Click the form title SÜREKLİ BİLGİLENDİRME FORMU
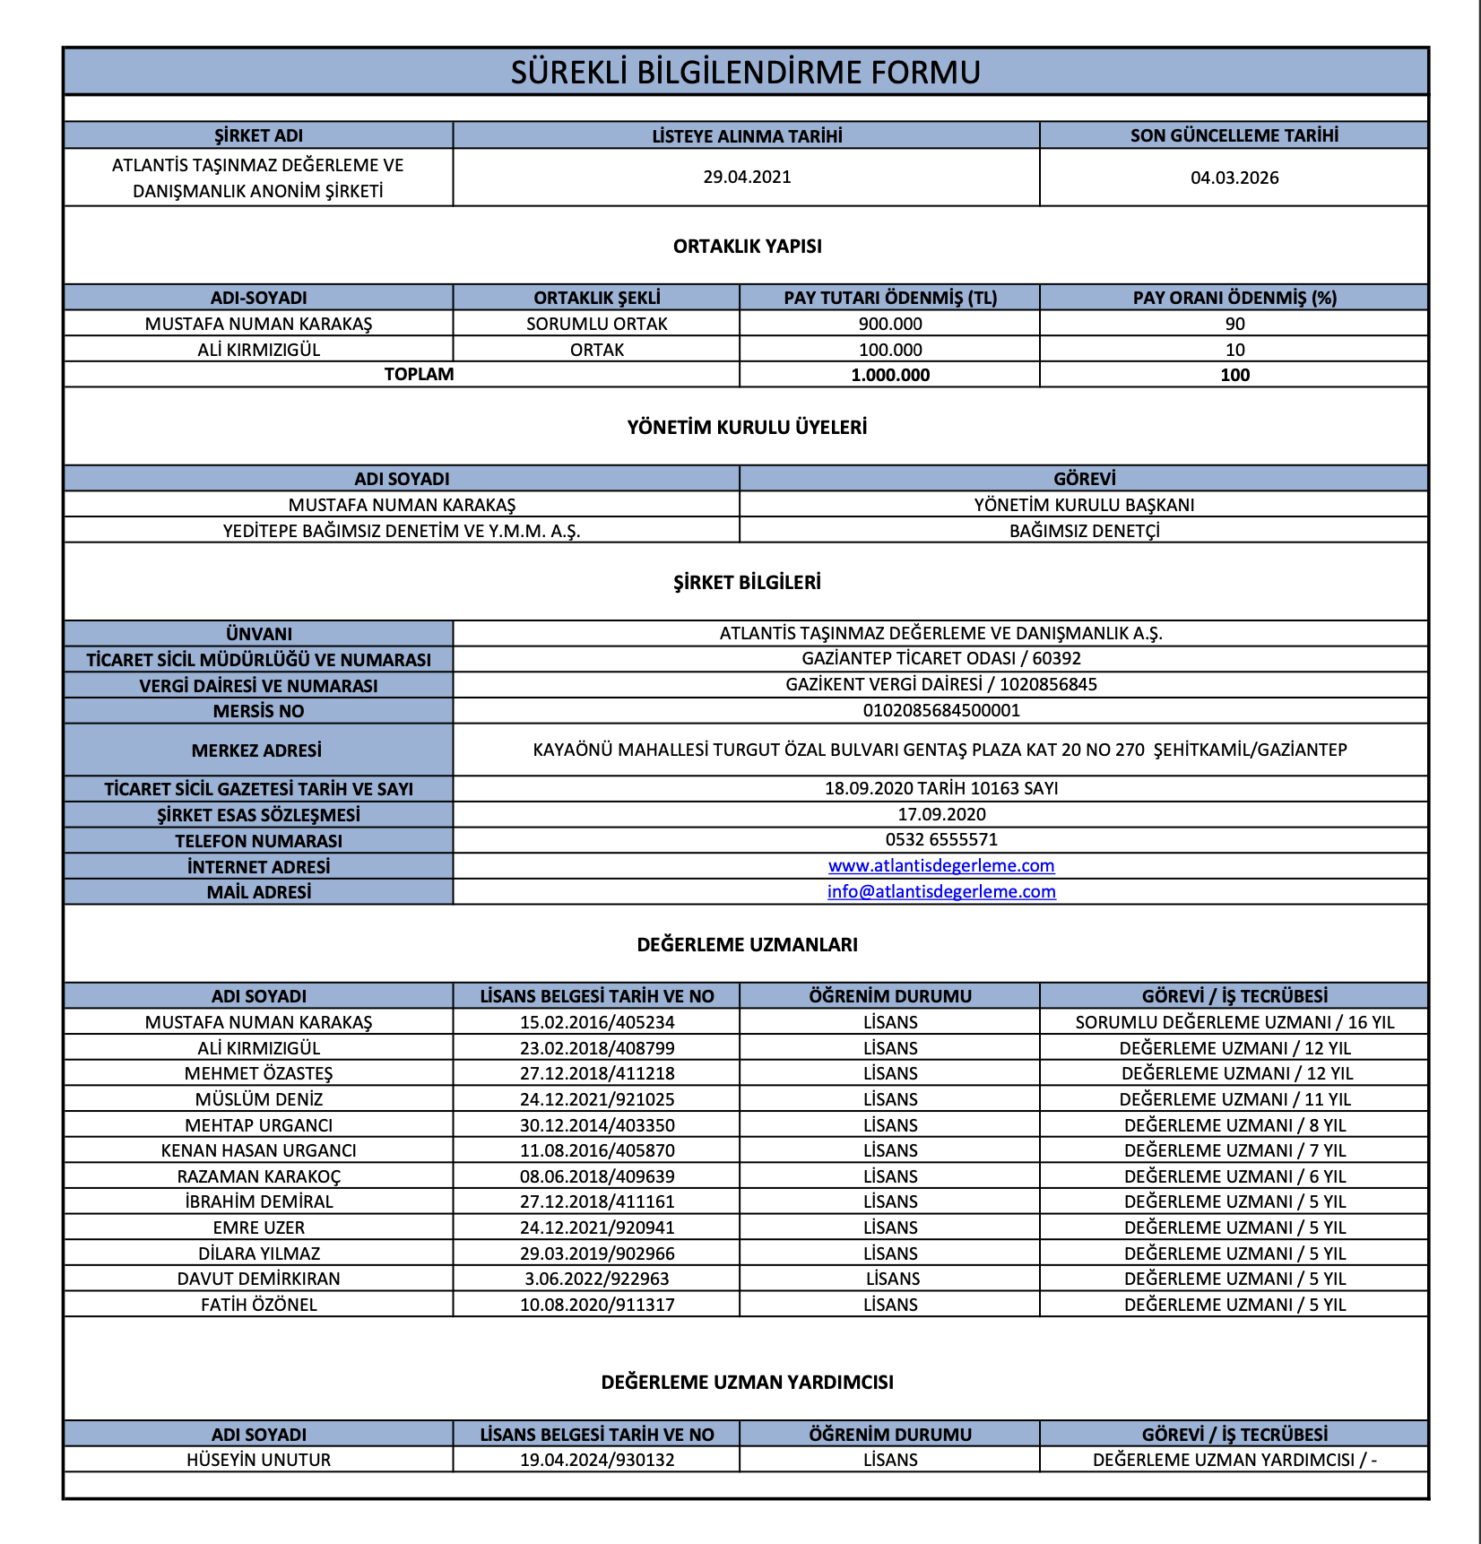tap(745, 72)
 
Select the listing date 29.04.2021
tap(747, 177)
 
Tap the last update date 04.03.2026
tap(1234, 178)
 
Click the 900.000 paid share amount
tap(889, 324)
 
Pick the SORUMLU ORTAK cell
tap(596, 324)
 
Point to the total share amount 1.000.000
tap(889, 375)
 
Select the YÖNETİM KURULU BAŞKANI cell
tap(1084, 505)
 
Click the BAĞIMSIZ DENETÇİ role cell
tap(1084, 531)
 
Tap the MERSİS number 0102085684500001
tap(940, 711)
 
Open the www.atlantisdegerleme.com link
tap(940, 865)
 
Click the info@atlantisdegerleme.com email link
tap(940, 891)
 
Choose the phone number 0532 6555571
tap(940, 839)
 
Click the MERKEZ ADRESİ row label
tap(257, 750)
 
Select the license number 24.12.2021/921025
tap(596, 1099)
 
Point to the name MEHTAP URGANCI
tap(258, 1125)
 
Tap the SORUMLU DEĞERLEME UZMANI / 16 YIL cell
tap(1234, 1022)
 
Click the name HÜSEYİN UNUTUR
tap(258, 1460)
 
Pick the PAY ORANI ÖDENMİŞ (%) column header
tap(1234, 298)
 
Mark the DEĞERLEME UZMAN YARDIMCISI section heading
tap(747, 1382)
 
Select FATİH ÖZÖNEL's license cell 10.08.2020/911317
tap(596, 1305)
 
